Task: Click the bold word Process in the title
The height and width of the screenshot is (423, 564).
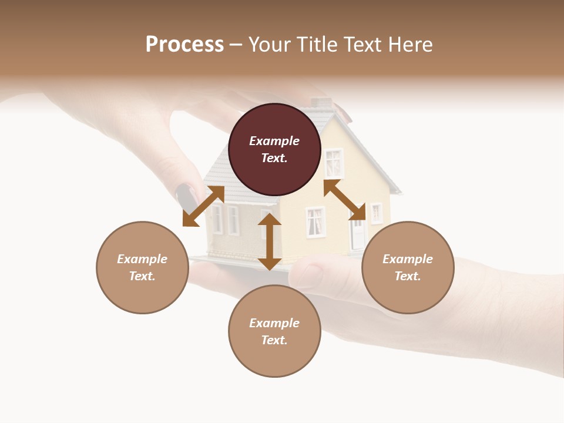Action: click(184, 45)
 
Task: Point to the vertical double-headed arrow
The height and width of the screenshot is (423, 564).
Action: click(270, 241)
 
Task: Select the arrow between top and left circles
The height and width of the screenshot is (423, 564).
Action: click(203, 206)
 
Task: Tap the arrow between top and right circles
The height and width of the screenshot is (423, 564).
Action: click(345, 200)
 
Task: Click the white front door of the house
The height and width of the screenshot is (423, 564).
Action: click(357, 235)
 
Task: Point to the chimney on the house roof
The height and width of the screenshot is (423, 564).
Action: click(321, 103)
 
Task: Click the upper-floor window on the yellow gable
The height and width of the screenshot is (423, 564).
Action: click(334, 163)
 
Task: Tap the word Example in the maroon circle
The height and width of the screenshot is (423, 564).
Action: click(274, 141)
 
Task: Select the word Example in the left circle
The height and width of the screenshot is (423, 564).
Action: click(142, 259)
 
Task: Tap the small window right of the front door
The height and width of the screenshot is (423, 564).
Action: click(376, 213)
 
